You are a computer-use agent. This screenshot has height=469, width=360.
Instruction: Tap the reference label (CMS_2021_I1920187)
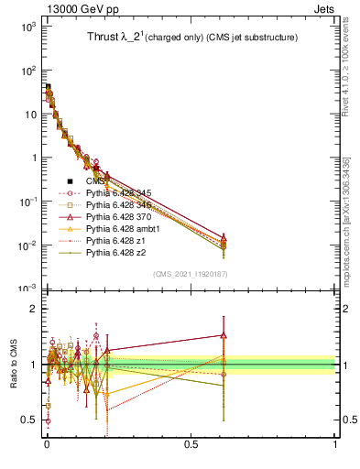191,274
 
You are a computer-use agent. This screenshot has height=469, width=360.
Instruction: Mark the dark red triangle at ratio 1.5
223,334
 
